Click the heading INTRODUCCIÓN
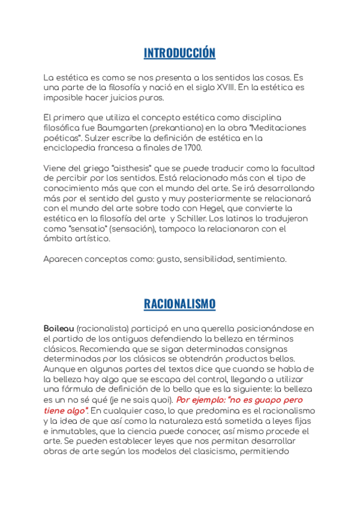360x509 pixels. tap(179, 53)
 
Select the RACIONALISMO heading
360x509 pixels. tap(179, 304)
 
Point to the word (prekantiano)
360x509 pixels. tap(158, 128)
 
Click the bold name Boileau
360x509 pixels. tap(58, 330)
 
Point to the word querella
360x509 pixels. tap(203, 330)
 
